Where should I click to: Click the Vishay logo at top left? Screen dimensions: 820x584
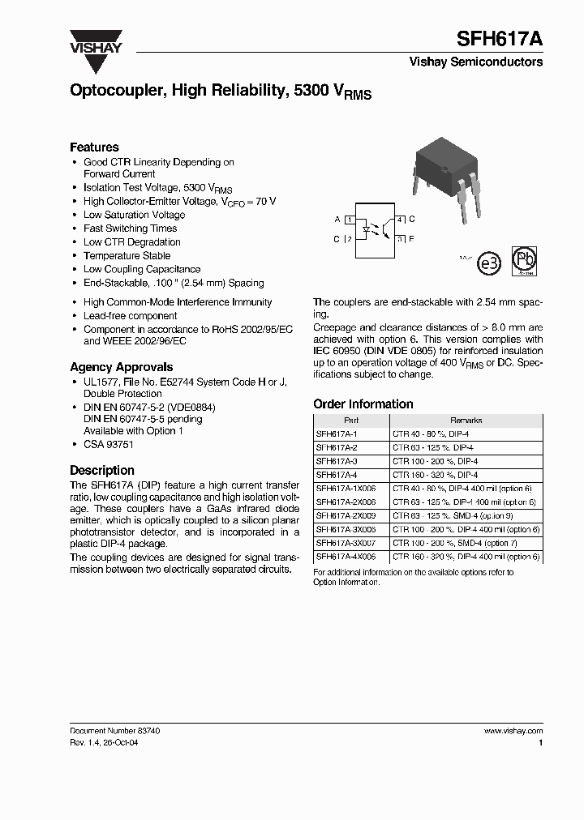tap(95, 41)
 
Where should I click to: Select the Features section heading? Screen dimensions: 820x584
tap(94, 147)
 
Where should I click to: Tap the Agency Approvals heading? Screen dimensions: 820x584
tap(121, 366)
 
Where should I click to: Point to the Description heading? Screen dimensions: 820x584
tap(102, 470)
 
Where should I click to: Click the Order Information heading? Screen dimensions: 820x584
tap(363, 404)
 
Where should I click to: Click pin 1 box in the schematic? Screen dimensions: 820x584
tap(350, 220)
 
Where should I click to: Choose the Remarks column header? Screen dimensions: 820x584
tap(466, 420)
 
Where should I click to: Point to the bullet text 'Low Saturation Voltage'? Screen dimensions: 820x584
tap(134, 215)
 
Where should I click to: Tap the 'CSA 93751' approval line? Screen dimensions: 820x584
tap(109, 444)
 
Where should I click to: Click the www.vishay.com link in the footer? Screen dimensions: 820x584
tap(513, 730)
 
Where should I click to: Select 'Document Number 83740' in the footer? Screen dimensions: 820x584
tap(114, 730)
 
